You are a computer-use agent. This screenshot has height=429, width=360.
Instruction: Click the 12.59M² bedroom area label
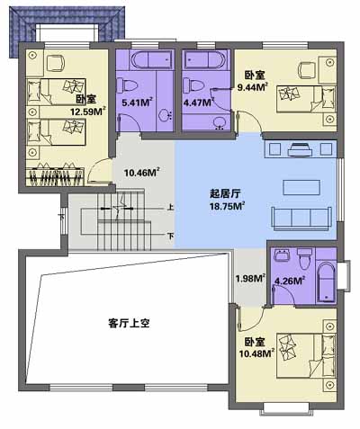coord(88,112)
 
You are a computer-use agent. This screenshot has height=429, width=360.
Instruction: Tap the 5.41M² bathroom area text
coord(137,103)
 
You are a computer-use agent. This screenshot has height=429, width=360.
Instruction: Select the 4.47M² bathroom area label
coord(199,103)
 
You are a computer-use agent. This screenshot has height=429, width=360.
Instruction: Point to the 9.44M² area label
coord(252,87)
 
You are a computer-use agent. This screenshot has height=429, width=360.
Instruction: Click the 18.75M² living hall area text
coord(227,206)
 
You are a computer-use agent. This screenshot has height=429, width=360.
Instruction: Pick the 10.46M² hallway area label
coord(141,173)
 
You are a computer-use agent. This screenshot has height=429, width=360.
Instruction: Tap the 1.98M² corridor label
coord(250,279)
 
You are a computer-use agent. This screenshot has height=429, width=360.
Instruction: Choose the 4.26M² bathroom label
coord(290,281)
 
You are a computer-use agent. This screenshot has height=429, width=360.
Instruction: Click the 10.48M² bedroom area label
coord(256,353)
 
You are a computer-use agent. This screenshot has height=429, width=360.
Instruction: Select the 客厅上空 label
coord(129,323)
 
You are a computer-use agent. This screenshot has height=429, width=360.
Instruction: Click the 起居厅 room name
coord(225,193)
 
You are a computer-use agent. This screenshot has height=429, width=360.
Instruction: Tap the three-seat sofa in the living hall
coord(301,219)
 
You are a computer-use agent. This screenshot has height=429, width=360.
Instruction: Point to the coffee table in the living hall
coord(301,188)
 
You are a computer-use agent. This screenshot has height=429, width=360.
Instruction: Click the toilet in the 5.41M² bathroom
coord(127,85)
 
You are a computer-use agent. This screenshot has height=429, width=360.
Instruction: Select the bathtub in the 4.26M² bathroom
coord(327,282)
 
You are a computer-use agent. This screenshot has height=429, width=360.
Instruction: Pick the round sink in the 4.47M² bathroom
coord(220,122)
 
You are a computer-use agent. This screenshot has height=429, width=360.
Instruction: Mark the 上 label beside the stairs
coord(170,207)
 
